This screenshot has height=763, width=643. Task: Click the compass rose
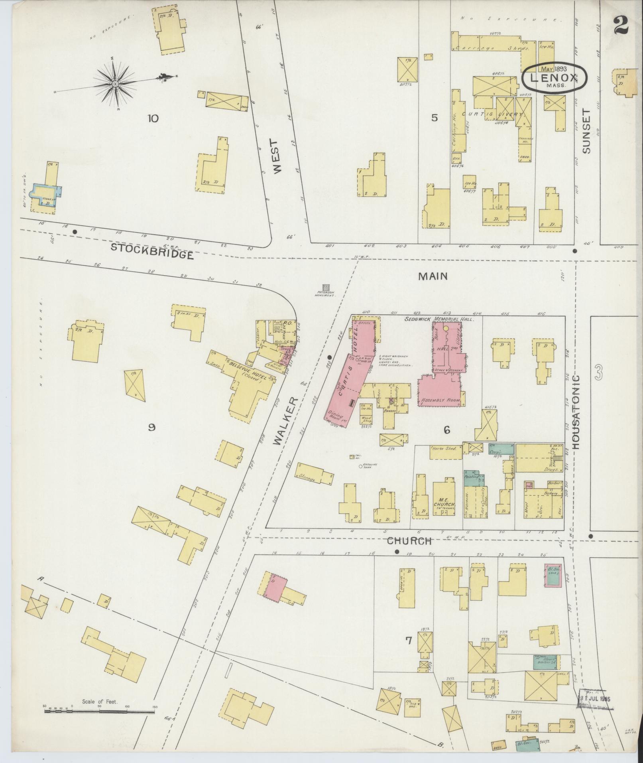115,84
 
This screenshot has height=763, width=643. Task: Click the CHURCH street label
409,541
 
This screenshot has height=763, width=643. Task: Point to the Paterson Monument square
326,287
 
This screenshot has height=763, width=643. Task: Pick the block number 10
153,118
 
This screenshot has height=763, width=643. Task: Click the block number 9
151,428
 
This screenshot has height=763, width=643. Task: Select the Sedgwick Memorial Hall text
438,319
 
